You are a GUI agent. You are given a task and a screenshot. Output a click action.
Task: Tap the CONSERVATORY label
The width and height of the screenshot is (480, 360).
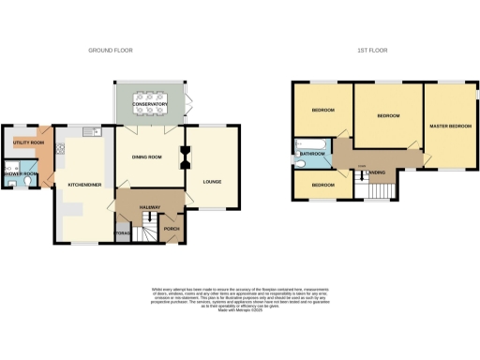pyautogui.click(x=151, y=105)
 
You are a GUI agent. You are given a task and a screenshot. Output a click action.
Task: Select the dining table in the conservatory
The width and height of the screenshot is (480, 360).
pyautogui.click(x=151, y=97)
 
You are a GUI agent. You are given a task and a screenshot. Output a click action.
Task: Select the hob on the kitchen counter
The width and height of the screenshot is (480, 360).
pyautogui.click(x=61, y=147)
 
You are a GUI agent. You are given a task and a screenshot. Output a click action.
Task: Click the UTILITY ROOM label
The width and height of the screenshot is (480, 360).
pyautogui.click(x=28, y=142)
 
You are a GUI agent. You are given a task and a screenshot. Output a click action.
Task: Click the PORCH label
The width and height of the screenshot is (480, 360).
pyautogui.click(x=172, y=228)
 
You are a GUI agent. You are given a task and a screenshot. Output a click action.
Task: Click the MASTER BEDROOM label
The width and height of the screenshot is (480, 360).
pyautogui.click(x=450, y=125)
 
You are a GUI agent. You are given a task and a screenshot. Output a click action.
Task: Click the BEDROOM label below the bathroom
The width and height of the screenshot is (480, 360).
pyautogui.click(x=322, y=185)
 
